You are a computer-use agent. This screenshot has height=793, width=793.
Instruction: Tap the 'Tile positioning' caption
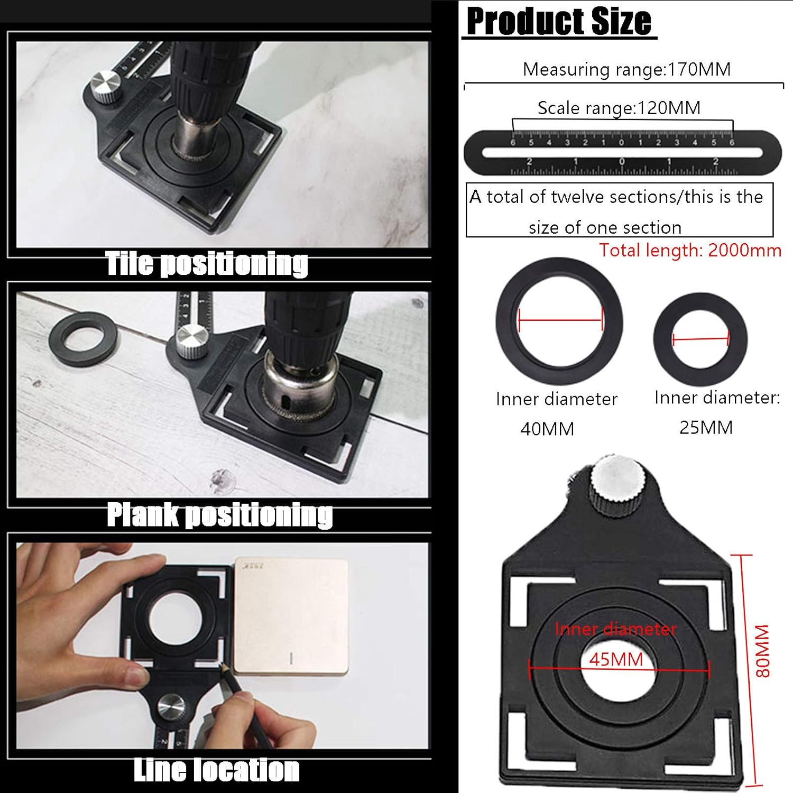(x=206, y=263)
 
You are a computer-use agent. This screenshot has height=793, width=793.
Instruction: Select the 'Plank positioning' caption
(x=219, y=514)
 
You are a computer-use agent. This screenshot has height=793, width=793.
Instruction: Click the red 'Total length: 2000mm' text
(x=690, y=250)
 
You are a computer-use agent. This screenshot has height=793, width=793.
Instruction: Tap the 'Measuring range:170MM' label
(x=626, y=69)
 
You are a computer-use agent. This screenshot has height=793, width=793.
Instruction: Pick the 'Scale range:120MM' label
(x=619, y=108)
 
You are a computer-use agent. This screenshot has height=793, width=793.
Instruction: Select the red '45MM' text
(x=616, y=659)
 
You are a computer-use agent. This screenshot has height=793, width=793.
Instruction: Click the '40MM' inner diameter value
(x=547, y=429)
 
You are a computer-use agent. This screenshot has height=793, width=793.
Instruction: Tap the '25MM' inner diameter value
(x=706, y=427)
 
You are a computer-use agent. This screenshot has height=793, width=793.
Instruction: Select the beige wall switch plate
(x=291, y=616)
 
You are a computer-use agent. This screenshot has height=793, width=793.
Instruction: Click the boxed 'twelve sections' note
(x=619, y=210)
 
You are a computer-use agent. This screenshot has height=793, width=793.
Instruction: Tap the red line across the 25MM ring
(x=700, y=338)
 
